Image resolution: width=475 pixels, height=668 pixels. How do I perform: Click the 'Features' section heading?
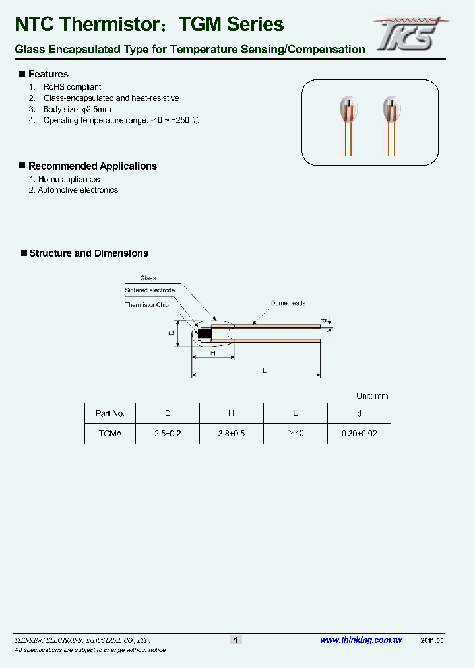48,74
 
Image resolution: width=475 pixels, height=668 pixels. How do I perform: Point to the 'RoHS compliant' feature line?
72,87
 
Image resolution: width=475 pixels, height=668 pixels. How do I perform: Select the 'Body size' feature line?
78,109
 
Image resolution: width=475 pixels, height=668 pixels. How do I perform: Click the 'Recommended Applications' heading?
92,166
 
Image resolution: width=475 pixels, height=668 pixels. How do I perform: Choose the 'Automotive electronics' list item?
78,190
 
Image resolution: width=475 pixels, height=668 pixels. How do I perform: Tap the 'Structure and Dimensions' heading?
88,253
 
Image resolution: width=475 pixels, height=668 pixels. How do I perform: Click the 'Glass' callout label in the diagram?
148,278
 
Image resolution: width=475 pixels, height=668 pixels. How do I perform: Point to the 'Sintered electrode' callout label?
150,290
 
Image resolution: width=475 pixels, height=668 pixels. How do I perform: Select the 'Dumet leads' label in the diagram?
288,304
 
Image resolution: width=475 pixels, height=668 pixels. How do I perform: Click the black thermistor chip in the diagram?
205,333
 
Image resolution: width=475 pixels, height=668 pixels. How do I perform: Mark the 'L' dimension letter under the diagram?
265,371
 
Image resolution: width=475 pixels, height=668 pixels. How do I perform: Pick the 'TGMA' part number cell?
110,434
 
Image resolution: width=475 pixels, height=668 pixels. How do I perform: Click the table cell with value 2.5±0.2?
168,434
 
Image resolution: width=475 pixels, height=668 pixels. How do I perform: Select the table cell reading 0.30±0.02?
359,434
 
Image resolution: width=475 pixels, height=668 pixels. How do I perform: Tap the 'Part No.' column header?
110,413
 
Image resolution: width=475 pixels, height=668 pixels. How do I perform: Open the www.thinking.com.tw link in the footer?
361,640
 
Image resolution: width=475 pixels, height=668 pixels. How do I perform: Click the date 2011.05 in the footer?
433,640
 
